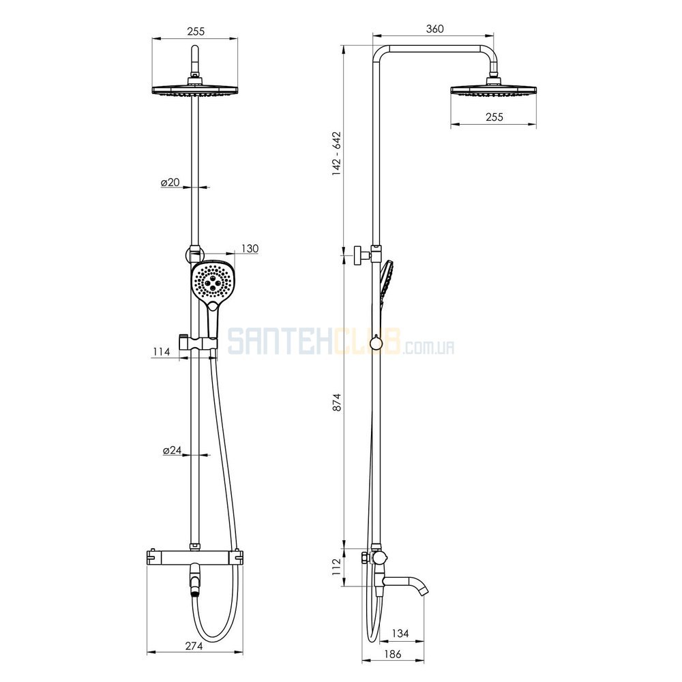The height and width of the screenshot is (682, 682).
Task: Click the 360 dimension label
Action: [x=434, y=29]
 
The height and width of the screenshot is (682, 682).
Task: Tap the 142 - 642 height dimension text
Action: [x=337, y=153]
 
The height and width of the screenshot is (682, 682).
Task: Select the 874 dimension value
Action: [x=337, y=402]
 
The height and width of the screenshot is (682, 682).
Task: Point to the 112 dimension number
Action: [x=337, y=567]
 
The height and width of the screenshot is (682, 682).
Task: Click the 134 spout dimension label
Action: [x=400, y=634]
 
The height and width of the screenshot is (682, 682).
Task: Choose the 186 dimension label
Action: [x=393, y=654]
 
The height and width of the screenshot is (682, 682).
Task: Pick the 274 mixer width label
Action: [x=194, y=646]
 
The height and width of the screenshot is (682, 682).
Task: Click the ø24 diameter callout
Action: [x=173, y=450]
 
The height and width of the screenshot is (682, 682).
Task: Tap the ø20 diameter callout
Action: [x=170, y=182]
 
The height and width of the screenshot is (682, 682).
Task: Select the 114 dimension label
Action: [x=162, y=351]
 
